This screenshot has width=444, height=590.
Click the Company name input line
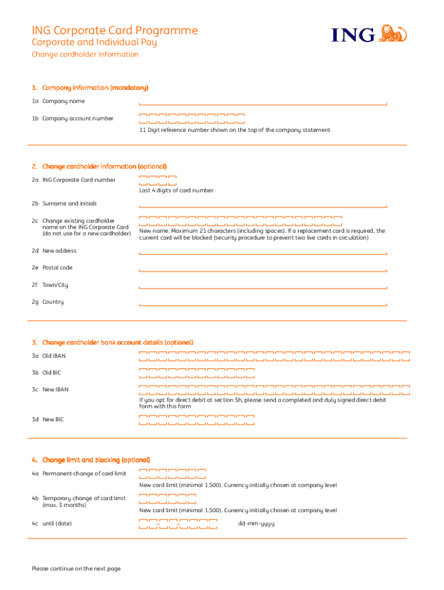[262, 102]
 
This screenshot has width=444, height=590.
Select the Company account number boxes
[192, 119]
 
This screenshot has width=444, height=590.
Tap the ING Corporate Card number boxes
[157, 180]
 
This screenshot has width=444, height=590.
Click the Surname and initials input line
[262, 205]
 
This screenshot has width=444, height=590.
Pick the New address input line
[262, 252]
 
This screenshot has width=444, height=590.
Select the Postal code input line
[262, 268]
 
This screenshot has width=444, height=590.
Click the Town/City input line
[262, 286]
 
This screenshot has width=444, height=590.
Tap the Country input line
[262, 303]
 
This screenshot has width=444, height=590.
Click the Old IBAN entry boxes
[274, 356]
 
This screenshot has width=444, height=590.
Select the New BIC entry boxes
[197, 420]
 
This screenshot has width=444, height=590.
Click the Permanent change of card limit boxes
[172, 474]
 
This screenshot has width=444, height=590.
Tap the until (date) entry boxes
[178, 524]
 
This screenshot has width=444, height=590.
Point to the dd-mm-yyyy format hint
[256, 524]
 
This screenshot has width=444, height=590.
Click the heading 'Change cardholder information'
[85, 55]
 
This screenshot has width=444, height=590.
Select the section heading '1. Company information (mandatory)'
[91, 88]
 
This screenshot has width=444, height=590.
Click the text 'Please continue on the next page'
[76, 569]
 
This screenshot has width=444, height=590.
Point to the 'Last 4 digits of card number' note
[176, 191]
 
